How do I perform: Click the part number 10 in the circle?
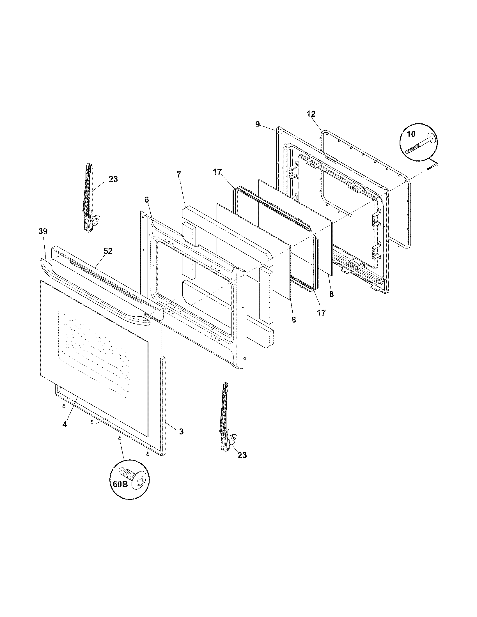[x=411, y=134]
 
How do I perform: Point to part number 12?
[x=311, y=114]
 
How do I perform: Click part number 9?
[x=257, y=125]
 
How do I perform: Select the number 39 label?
[x=43, y=231]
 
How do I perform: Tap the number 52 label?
[x=108, y=251]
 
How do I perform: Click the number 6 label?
[x=146, y=200]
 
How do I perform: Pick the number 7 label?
[x=178, y=175]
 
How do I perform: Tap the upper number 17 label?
[x=217, y=172]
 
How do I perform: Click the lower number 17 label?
[x=321, y=313]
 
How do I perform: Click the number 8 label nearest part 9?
[x=331, y=294]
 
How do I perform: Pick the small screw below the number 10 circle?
[x=432, y=166]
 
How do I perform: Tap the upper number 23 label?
[x=113, y=179]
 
